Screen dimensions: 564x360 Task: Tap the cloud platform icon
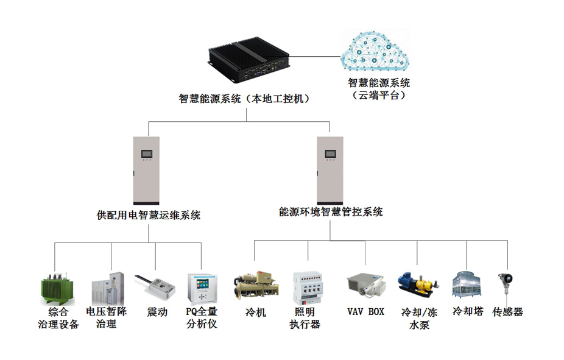tap(375, 51)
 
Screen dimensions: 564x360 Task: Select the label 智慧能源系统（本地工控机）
tap(244, 99)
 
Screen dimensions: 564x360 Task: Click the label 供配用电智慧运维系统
tap(149, 215)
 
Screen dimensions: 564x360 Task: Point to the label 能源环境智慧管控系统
tap(331, 211)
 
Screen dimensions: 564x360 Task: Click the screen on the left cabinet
tap(146, 154)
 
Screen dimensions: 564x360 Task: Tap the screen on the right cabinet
tap(330, 154)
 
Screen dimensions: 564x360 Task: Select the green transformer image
tap(57, 289)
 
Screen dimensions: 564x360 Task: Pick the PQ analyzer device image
tap(202, 289)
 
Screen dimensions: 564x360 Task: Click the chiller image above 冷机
tap(256, 286)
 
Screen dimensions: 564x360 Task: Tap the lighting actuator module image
tap(308, 288)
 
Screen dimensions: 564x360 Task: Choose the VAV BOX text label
tap(365, 311)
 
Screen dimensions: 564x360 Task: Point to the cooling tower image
tap(467, 284)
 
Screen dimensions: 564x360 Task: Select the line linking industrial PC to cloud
tap(315, 57)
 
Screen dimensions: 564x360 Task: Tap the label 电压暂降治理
tap(106, 317)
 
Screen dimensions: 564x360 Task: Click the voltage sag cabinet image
tap(108, 289)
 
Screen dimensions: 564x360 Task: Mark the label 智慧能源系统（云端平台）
tap(379, 89)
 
